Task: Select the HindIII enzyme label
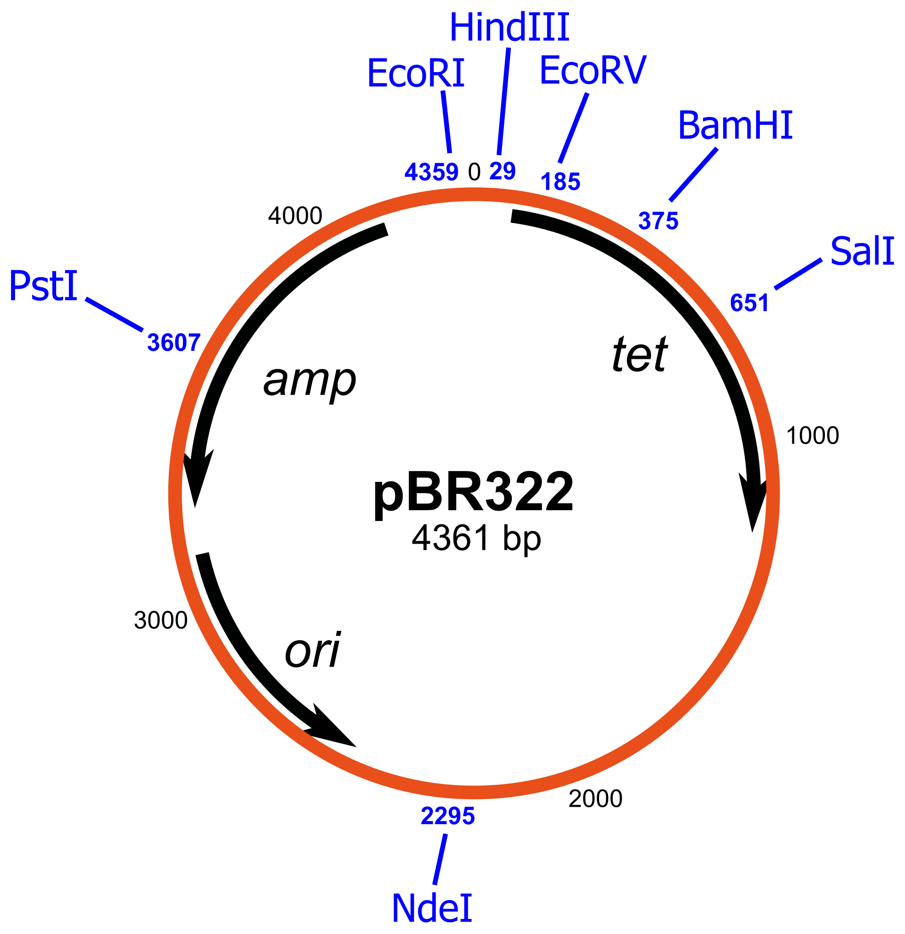click(x=509, y=28)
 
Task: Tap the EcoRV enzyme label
click(x=593, y=71)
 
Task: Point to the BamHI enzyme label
click(x=735, y=126)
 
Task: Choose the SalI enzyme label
click(x=862, y=251)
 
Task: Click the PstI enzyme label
click(x=43, y=286)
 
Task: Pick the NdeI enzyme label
click(x=432, y=909)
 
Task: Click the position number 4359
click(x=432, y=172)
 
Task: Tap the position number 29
click(x=502, y=171)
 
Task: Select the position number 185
click(x=560, y=182)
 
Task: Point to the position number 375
click(x=658, y=221)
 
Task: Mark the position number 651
click(x=749, y=303)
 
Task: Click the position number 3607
click(x=174, y=343)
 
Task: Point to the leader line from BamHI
click(x=693, y=174)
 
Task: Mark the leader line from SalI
click(x=798, y=273)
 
